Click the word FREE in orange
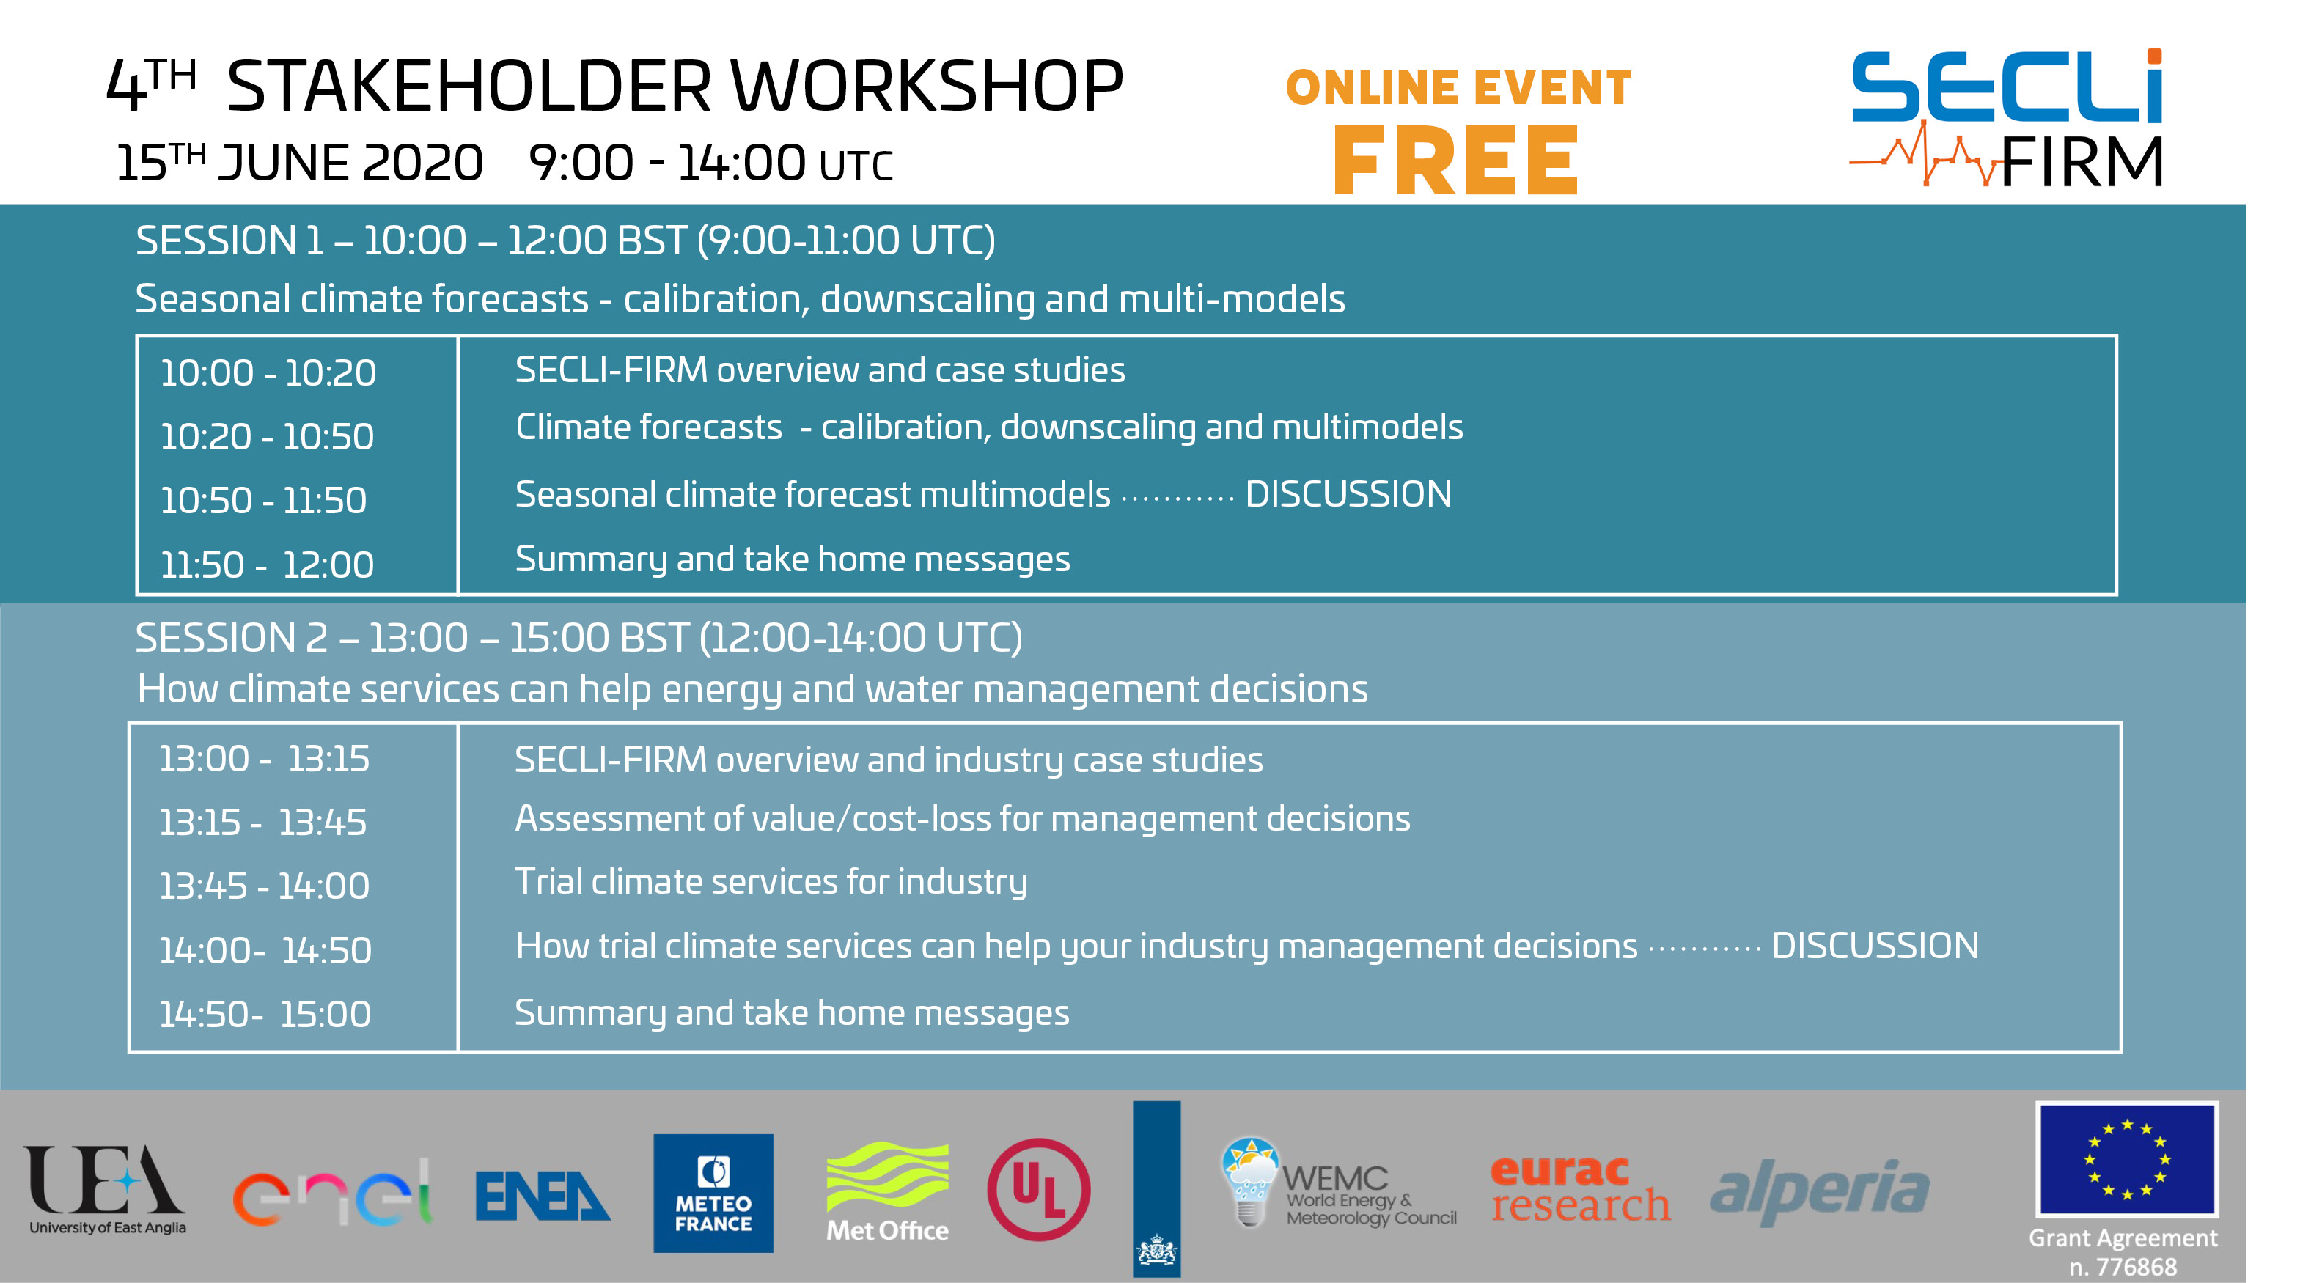pos(1456,161)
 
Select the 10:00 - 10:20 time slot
pos(268,372)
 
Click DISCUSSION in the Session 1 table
pos(1348,494)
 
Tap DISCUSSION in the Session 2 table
pos(1875,946)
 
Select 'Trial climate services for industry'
pos(771,882)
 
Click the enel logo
pos(331,1192)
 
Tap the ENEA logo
pos(543,1196)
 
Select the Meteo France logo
pos(713,1193)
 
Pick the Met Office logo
pos(888,1193)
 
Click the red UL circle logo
pos(1038,1190)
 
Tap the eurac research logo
pos(1580,1189)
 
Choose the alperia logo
pos(1820,1192)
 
